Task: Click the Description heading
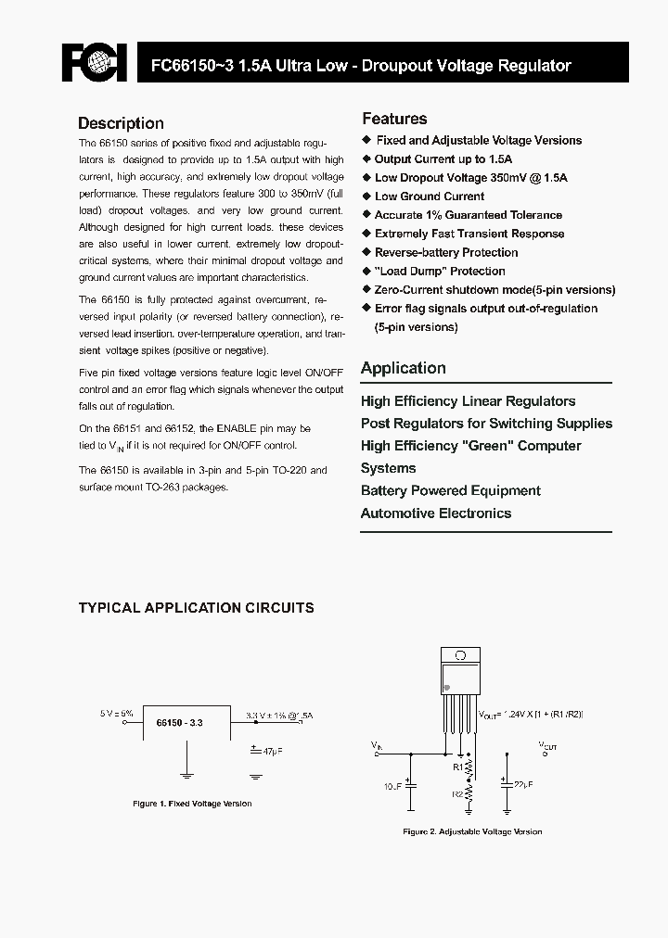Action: (x=121, y=123)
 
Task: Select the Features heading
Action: (x=394, y=119)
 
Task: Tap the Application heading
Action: (x=403, y=368)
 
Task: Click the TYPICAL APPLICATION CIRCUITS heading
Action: (x=196, y=608)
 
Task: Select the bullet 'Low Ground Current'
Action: (x=429, y=196)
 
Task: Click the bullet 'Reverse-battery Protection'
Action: (x=446, y=252)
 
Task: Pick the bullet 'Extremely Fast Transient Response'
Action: (x=469, y=234)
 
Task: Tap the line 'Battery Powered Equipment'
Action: (x=450, y=490)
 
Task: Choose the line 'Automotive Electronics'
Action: (x=435, y=513)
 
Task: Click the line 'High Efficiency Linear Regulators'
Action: (x=468, y=401)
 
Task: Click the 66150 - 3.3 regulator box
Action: (x=185, y=721)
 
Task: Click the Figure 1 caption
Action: (x=192, y=804)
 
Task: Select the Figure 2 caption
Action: (x=472, y=831)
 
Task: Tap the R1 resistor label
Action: (x=457, y=767)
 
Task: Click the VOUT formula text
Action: (x=531, y=715)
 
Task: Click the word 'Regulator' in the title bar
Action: (x=534, y=66)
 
